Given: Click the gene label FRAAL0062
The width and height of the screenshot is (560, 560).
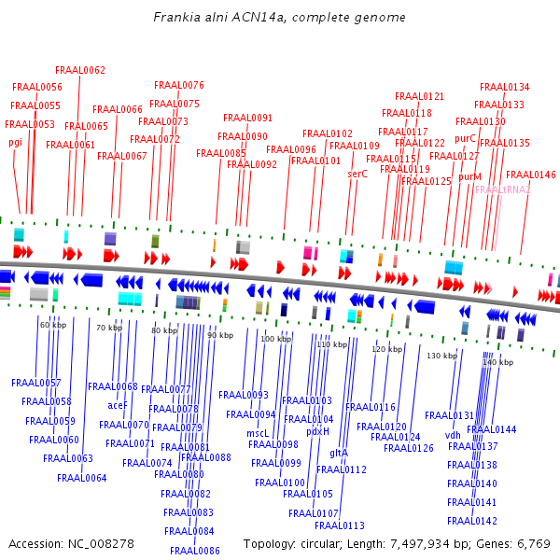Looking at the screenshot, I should click(80, 70).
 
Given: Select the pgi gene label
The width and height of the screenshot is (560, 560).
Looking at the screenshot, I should click(15, 142).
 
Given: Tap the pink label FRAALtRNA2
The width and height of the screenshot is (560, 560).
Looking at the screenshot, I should click(502, 189).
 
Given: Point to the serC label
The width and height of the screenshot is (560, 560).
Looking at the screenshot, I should click(357, 174).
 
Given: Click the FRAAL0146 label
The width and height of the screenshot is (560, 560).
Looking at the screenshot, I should click(530, 175).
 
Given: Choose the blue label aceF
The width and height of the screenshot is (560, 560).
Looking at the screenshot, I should click(118, 405).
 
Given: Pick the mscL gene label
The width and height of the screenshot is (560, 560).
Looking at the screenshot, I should click(258, 433).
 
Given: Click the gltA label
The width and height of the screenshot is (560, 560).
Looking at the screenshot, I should click(339, 453).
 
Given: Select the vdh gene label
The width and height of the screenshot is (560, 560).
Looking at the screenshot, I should click(453, 435).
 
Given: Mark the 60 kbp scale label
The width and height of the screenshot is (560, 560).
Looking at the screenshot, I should click(53, 325).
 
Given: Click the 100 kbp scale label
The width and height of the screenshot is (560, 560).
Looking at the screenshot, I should click(275, 339).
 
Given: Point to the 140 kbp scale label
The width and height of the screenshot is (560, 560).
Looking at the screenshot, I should click(497, 362).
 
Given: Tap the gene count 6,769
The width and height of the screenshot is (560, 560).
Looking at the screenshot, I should click(533, 543).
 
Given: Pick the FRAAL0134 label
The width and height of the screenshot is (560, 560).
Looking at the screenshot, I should click(504, 87).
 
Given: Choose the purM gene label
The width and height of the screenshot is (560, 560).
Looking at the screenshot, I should click(469, 176).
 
